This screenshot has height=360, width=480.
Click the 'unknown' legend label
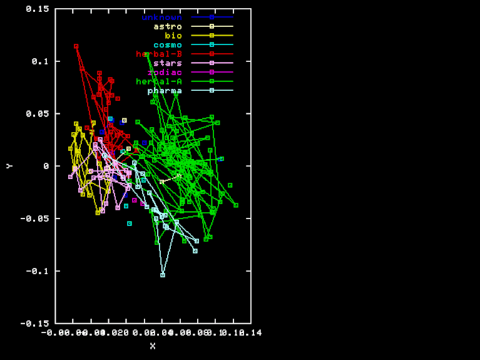pos(161,17)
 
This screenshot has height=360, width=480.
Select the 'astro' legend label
pos(168,26)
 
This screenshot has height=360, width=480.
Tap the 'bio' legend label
pos(173,36)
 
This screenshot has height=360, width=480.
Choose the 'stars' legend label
pos(168,63)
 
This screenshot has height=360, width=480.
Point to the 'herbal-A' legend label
pos(159,81)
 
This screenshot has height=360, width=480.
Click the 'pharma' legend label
pos(165,91)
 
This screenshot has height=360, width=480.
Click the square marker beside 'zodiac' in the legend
pos(212,73)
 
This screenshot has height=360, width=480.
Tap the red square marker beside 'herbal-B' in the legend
pos(212,54)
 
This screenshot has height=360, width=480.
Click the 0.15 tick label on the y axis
pos(38,9)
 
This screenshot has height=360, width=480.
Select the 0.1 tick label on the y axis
pos(41,61)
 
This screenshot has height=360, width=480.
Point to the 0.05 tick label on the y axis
pos(38,114)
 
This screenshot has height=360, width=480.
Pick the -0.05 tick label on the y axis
pos(36,219)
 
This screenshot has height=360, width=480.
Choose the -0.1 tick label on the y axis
pos(38,271)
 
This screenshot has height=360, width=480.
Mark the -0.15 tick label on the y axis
pos(36,323)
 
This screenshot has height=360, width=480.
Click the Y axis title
pos(9,166)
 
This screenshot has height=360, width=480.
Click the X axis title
pos(153,346)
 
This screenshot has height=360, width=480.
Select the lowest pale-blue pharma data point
pos(163,275)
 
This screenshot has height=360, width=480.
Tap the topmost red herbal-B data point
pos(76,46)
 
